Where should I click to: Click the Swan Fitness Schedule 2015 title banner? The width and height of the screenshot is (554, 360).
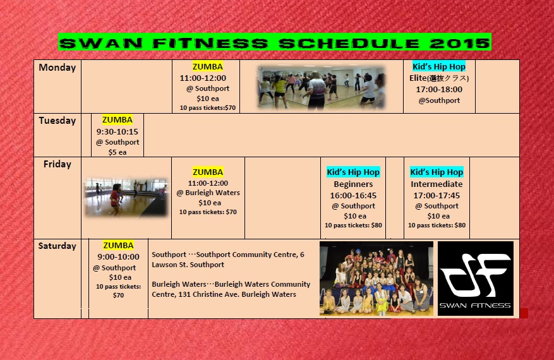(x=275, y=42)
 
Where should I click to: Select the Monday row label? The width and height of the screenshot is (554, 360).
(x=57, y=68)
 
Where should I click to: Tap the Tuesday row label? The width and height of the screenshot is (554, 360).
(x=57, y=121)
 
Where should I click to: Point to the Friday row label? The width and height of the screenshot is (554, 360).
(x=57, y=164)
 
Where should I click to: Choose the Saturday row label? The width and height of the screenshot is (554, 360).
(x=57, y=246)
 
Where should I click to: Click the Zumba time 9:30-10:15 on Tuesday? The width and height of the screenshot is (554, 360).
(x=117, y=132)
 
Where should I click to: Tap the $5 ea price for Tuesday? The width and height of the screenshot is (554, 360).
(x=117, y=152)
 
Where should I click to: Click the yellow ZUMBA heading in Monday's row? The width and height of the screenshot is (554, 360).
(x=208, y=66)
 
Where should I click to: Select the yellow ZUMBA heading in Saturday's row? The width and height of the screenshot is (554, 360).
(x=118, y=245)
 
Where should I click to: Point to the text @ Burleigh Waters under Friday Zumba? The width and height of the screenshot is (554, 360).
(x=208, y=193)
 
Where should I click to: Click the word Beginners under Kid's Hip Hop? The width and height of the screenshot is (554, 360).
(x=353, y=184)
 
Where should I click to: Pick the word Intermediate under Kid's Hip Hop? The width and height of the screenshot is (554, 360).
(x=437, y=184)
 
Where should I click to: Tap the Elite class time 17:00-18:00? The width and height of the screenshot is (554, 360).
(x=439, y=90)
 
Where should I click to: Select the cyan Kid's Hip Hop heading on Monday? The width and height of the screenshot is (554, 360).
(x=439, y=66)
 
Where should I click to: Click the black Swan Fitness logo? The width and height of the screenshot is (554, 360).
(x=476, y=279)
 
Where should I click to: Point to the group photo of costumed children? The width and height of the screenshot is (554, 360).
(x=376, y=279)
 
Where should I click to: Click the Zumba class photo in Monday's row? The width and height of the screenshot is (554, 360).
(x=321, y=87)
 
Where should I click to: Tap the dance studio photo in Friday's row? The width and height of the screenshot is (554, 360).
(x=126, y=197)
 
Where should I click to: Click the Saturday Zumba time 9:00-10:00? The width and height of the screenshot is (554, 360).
(x=118, y=257)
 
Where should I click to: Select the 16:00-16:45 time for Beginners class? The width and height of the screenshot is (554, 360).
(x=353, y=195)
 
